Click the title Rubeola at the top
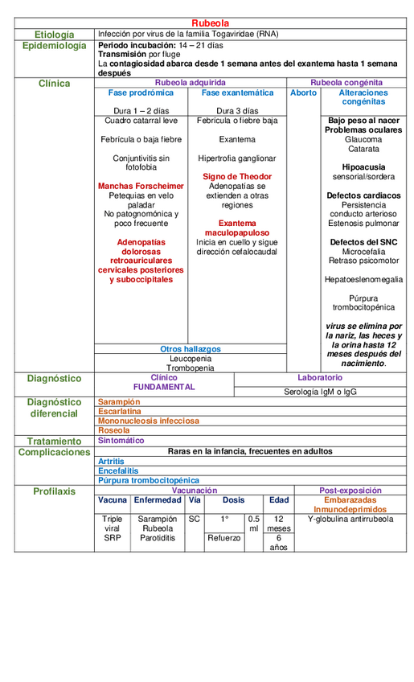click(x=211, y=23)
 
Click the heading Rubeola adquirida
click(x=190, y=82)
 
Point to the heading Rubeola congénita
click(x=346, y=82)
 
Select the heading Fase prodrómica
click(x=141, y=92)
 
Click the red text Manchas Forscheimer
click(x=141, y=186)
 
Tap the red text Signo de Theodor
click(x=237, y=176)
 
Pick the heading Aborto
click(x=303, y=92)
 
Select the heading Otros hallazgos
click(x=191, y=349)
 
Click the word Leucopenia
click(x=191, y=359)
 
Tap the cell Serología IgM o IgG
click(x=320, y=392)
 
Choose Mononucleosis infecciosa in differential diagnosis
click(x=148, y=421)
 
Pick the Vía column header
click(x=195, y=499)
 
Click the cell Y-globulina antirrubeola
click(x=350, y=519)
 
